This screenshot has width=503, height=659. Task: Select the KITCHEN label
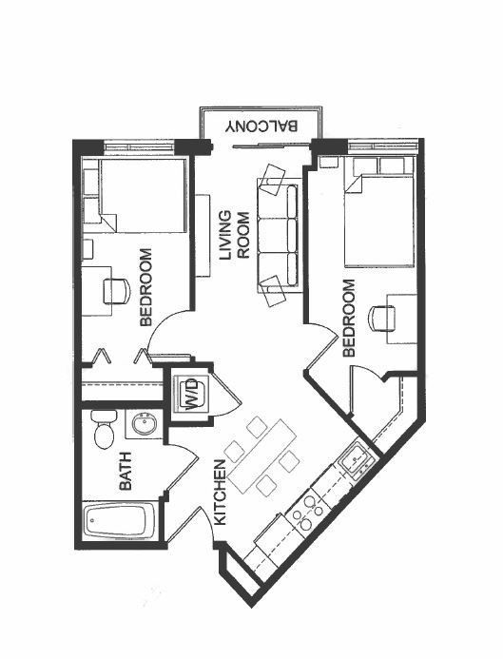[220, 493]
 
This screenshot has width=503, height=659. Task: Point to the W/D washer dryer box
[190, 392]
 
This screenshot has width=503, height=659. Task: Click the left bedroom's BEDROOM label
[146, 287]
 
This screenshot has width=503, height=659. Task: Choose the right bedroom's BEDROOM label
[348, 318]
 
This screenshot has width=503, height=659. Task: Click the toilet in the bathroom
[105, 430]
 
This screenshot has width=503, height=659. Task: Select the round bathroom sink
[145, 424]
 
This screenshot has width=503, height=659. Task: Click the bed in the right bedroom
[379, 220]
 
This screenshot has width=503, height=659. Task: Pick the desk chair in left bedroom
[115, 290]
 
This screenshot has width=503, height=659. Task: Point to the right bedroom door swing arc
[321, 335]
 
